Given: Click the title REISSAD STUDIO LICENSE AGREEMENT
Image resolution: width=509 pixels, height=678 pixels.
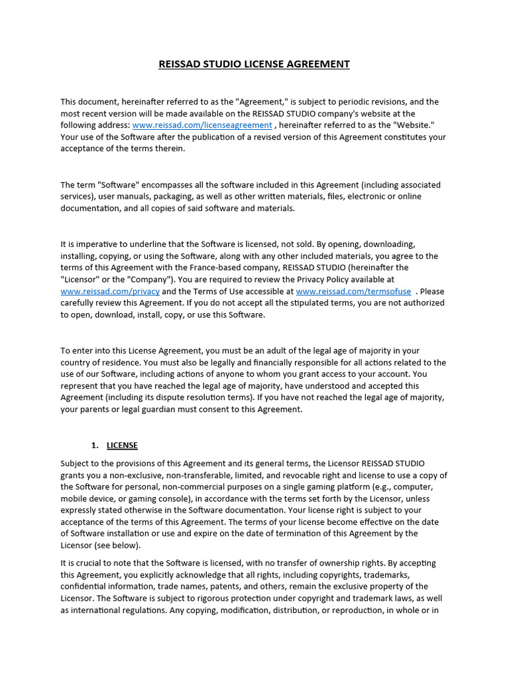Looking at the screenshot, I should click(254, 64).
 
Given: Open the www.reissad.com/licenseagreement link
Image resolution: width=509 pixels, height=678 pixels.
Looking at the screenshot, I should click(202, 125).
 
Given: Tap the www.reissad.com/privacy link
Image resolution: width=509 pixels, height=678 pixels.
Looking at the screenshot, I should click(110, 291).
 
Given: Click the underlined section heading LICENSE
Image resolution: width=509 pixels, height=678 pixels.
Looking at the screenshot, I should click(122, 445).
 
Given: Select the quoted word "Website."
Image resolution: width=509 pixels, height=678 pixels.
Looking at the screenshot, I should click(414, 125).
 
